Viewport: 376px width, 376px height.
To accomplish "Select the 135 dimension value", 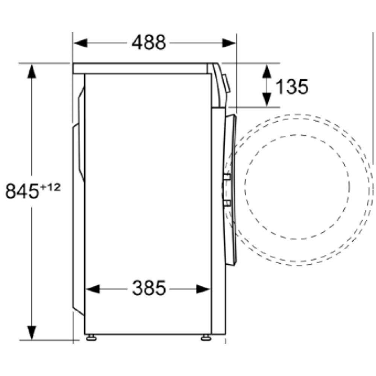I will click(292, 87).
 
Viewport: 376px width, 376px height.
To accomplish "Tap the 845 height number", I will click(22, 191).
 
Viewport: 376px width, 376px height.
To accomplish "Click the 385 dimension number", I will click(149, 289).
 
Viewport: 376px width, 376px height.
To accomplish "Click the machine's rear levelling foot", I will click(91, 338).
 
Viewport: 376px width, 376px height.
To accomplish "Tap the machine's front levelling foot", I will click(206, 338).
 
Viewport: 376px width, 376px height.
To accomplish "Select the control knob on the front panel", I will click(226, 83).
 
